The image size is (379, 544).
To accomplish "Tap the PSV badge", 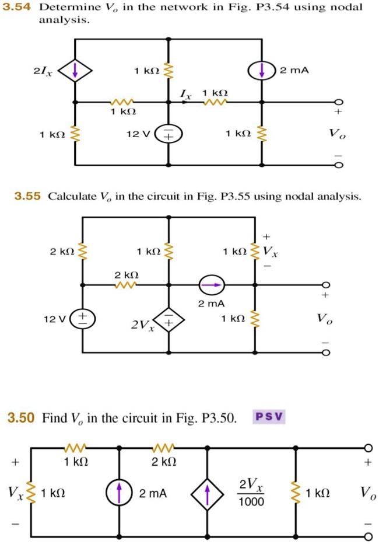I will tap(269, 417).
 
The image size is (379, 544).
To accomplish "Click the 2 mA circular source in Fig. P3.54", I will tap(262, 71).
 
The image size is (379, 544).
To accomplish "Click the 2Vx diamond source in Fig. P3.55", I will tap(169, 321).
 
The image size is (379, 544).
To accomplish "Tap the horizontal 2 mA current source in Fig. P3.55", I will tap(211, 285).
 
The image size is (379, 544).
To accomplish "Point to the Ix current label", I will tap(185, 93).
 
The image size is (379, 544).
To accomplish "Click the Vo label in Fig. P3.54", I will tap(336, 135).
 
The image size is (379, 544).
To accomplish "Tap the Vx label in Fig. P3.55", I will tap(271, 252).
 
